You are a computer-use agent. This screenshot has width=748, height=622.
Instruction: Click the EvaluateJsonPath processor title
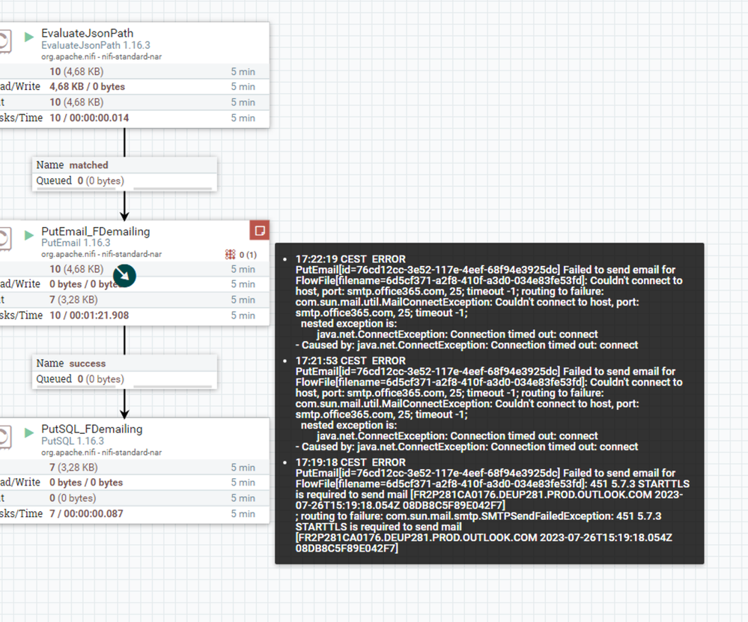coord(88,34)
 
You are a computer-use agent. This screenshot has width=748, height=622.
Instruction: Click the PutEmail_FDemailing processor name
coord(95,232)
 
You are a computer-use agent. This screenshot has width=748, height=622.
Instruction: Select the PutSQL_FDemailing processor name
coord(92,429)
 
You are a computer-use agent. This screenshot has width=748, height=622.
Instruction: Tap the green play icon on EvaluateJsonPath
coord(29,37)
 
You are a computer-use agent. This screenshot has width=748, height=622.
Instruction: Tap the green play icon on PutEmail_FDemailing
coord(29,235)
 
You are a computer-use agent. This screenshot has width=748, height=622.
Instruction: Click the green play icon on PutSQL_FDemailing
coord(29,432)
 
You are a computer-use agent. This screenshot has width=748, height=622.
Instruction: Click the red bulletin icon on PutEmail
coord(260,230)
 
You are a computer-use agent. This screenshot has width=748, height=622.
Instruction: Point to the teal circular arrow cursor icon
coord(124,276)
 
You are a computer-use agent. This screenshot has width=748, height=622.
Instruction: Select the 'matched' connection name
coord(89,165)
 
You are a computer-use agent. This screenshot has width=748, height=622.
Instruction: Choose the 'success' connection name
coord(88,363)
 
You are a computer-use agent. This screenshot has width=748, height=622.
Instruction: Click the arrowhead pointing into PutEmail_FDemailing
coord(124,216)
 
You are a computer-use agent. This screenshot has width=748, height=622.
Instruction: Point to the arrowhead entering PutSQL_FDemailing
coord(124,414)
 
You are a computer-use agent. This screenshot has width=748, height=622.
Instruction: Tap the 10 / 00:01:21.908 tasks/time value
coord(89,315)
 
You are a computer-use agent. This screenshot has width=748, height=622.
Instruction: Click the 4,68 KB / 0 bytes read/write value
coord(88,87)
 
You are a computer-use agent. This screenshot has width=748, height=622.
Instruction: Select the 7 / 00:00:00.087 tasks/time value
coord(86,513)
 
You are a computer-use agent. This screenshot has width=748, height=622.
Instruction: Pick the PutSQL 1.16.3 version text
coord(73,441)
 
